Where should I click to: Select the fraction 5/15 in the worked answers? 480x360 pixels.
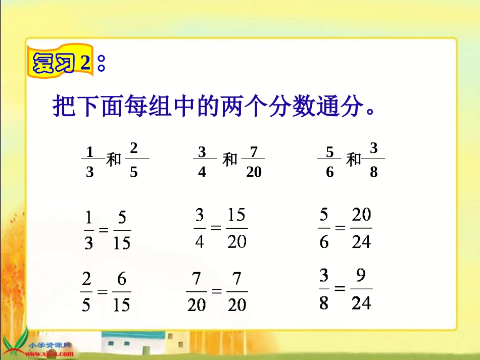pyautogui.click(x=121, y=230)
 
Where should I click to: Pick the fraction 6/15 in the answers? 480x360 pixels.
pyautogui.click(x=121, y=292)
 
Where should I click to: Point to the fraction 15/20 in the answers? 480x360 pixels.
pyautogui.click(x=236, y=228)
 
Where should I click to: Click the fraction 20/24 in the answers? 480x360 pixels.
pyautogui.click(x=361, y=228)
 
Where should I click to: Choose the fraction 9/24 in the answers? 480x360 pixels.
pyautogui.click(x=361, y=289)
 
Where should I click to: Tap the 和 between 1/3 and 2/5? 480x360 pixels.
pyautogui.click(x=114, y=160)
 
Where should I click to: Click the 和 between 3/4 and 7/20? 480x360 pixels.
pyautogui.click(x=230, y=160)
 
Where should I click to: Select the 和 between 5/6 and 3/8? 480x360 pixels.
pyautogui.click(x=354, y=160)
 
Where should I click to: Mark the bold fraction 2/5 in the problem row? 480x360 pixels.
pyautogui.click(x=134, y=160)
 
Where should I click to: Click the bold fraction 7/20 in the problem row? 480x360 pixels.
pyautogui.click(x=254, y=161)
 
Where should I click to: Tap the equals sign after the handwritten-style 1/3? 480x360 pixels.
pyautogui.click(x=104, y=230)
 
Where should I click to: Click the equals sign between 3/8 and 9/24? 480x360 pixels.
pyautogui.click(x=340, y=289)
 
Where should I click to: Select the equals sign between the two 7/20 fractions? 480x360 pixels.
pyautogui.click(x=217, y=292)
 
